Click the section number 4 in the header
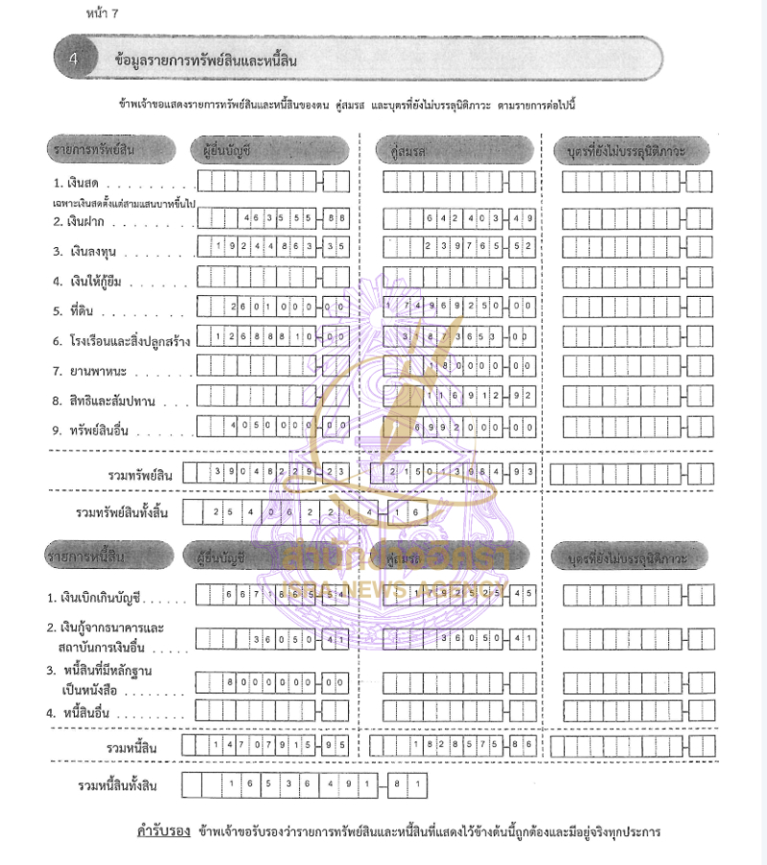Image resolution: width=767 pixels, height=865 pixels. [75, 59]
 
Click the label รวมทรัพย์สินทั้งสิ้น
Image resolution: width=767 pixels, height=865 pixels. [122, 512]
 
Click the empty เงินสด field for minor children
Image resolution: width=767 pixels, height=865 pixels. [638, 182]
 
